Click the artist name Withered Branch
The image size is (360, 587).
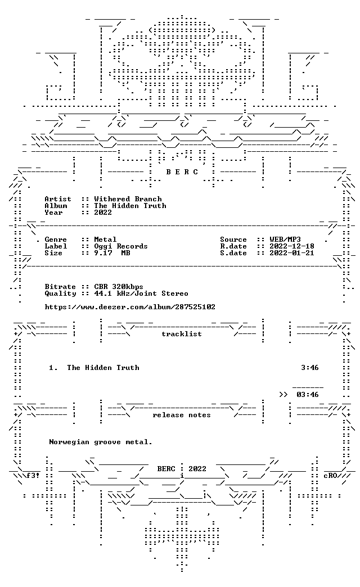tap(128, 199)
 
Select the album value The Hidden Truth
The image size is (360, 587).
tap(130, 206)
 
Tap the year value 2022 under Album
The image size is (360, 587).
tap(103, 213)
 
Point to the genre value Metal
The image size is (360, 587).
tap(105, 239)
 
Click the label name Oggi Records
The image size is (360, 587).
tap(121, 246)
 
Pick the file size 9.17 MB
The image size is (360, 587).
tap(112, 252)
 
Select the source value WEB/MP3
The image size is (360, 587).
tap(285, 239)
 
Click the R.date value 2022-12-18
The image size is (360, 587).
tap(292, 246)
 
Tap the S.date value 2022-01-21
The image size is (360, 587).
tap(292, 252)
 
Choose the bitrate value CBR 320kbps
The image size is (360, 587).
tap(119, 287)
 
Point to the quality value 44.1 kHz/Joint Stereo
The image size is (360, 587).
tap(141, 293)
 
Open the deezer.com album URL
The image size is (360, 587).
tap(130, 307)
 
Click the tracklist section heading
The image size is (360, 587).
tap(182, 334)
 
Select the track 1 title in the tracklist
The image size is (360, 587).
tap(103, 368)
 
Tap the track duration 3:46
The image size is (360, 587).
tap(310, 368)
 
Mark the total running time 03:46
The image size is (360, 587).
tap(308, 395)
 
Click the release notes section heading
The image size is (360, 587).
tap(182, 415)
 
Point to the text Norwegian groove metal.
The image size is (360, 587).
tap(101, 442)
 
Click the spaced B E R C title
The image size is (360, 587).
tap(182, 172)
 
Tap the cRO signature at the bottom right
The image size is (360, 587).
tap(330, 476)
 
